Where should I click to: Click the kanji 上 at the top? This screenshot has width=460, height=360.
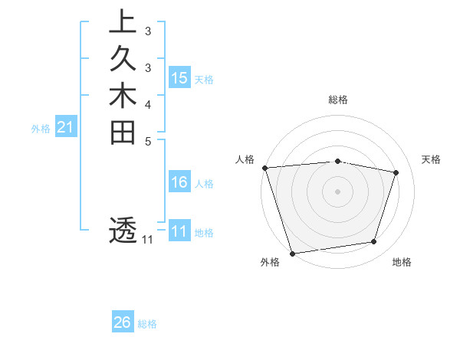coord(123,22)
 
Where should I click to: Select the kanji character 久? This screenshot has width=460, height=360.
coord(123,60)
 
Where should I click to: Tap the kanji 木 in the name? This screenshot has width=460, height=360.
coord(123,97)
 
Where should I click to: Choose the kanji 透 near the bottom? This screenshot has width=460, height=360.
coord(123,230)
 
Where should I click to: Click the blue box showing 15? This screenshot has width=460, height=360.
coord(179,77)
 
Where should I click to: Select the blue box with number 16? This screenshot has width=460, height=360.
coord(179,182)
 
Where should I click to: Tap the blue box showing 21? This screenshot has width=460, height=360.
coord(66,128)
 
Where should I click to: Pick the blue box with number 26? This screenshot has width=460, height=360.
coord(123,322)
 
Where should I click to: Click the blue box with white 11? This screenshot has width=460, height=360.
coord(179,231)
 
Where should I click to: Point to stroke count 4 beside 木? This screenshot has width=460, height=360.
coord(148,104)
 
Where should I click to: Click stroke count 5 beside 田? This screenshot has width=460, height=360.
coord(148,141)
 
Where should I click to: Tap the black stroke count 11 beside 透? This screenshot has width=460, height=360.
coord(147,240)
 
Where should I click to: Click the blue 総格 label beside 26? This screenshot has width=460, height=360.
coord(147,324)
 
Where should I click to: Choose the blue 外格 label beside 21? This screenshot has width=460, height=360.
coord(41,129)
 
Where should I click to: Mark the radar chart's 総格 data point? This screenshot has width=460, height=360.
coord(337,161)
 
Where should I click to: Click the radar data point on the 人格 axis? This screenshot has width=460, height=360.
coord(264,168)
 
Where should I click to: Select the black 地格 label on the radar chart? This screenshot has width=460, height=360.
coord(402,263)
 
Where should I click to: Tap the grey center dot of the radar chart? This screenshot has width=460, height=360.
coord(337,191)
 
